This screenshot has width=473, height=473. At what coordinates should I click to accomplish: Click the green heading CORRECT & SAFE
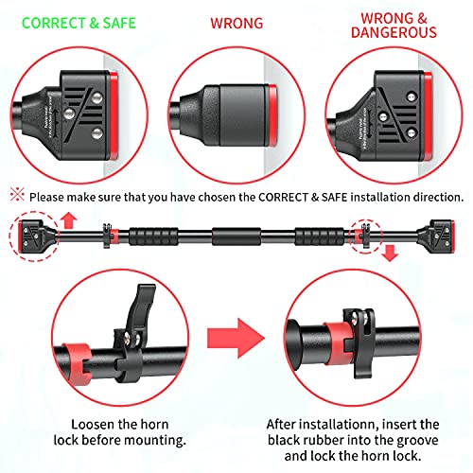click(79, 23)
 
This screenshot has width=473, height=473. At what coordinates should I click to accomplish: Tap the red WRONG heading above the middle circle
click(236, 24)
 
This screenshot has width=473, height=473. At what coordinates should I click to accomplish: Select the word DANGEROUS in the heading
click(394, 32)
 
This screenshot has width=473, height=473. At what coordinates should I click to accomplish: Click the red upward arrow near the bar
click(69, 220)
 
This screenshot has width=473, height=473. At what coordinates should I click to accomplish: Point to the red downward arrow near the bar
click(391, 254)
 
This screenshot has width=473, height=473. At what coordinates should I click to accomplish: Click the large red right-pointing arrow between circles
click(236, 338)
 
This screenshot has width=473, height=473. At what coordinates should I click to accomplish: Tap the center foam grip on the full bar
click(236, 236)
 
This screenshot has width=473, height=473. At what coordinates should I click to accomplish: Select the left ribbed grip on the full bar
click(153, 236)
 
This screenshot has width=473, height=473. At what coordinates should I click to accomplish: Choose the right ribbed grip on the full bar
click(319, 236)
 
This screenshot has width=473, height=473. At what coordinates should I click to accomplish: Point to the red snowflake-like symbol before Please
click(17, 195)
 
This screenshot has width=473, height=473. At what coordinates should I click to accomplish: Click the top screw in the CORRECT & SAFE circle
click(98, 97)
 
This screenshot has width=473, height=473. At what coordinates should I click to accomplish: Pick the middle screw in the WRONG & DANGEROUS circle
click(383, 117)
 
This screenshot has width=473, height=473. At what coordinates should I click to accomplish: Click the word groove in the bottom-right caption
click(416, 440)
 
